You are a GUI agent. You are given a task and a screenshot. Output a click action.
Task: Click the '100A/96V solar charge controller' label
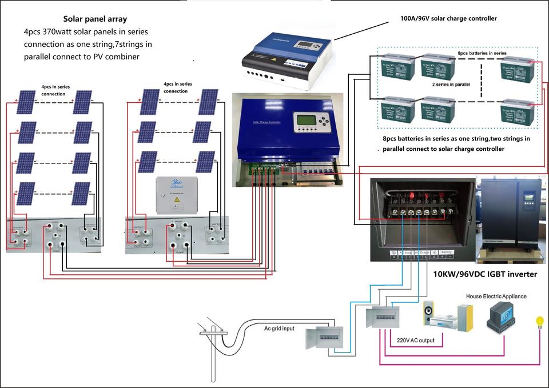point(448,18)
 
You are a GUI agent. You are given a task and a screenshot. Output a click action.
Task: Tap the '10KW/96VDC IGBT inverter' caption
point(485,274)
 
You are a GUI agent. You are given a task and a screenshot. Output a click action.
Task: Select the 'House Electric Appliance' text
point(496,297)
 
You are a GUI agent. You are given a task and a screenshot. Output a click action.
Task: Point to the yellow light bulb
point(539,322)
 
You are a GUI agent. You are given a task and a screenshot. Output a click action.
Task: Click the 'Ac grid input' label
point(280,329)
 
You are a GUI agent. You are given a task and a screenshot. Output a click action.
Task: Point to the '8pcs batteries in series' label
point(482,53)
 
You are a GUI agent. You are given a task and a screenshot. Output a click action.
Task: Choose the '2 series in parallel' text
point(451,83)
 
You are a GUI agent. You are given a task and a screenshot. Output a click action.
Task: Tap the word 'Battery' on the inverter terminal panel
point(446,252)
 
